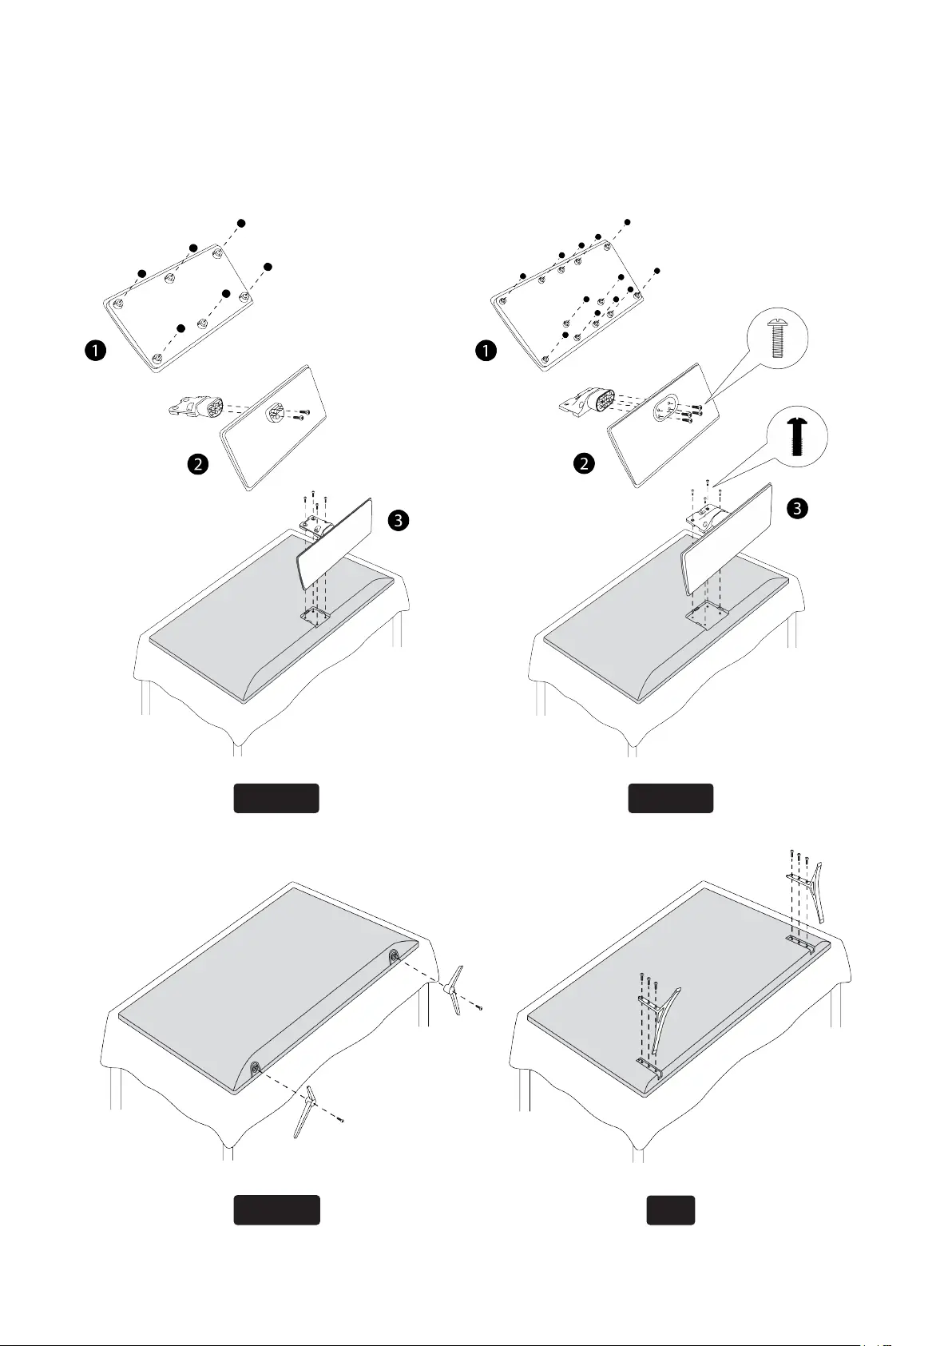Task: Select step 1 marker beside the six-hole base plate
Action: (x=96, y=350)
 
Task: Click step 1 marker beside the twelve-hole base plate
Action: (x=484, y=351)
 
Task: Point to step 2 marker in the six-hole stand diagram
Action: (x=197, y=464)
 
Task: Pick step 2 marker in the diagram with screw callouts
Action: (x=585, y=463)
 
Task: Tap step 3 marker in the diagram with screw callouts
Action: (x=796, y=508)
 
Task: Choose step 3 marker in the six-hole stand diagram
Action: (x=399, y=521)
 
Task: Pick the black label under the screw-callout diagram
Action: (x=670, y=798)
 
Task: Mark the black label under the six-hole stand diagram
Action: (x=276, y=798)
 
